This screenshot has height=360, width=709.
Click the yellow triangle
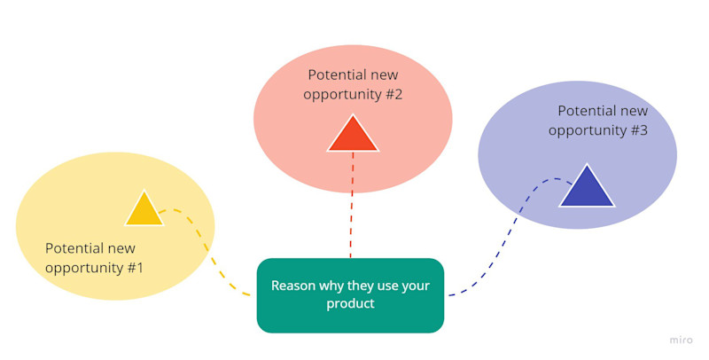point(144,211)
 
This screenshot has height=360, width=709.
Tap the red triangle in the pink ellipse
point(353,136)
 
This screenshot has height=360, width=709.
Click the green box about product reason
point(350,295)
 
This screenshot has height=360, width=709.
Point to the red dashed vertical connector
point(352,205)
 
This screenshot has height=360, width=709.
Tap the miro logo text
point(681,340)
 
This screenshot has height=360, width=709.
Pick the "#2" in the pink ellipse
point(393,94)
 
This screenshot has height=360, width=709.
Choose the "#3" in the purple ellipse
point(637,130)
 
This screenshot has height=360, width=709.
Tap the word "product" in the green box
point(350,304)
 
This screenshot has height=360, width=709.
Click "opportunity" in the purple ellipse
point(586,130)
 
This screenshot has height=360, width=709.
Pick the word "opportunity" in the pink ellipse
point(341,94)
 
